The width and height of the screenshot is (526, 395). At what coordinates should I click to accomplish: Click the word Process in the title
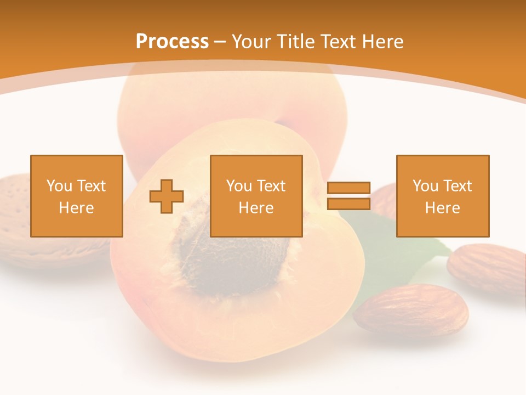click(x=172, y=42)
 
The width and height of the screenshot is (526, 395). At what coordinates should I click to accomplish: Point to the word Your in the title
click(x=252, y=42)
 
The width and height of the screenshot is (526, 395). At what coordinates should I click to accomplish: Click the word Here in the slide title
click(x=382, y=42)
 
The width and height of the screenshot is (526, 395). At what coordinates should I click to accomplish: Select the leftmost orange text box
click(x=76, y=196)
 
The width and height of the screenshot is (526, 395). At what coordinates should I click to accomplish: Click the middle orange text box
click(x=256, y=196)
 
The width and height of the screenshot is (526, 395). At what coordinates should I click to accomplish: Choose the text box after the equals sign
click(x=442, y=196)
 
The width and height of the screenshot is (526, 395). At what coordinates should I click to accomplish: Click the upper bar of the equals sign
click(x=348, y=188)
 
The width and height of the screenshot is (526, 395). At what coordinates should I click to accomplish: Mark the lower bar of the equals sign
click(x=348, y=204)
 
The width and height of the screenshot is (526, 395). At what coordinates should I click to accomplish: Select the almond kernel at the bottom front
click(x=411, y=311)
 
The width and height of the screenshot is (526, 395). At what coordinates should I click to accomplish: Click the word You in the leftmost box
click(x=59, y=186)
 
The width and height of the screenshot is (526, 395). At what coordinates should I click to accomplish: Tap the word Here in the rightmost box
click(x=442, y=208)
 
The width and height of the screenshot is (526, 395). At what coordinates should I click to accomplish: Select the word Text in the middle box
click(x=271, y=186)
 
